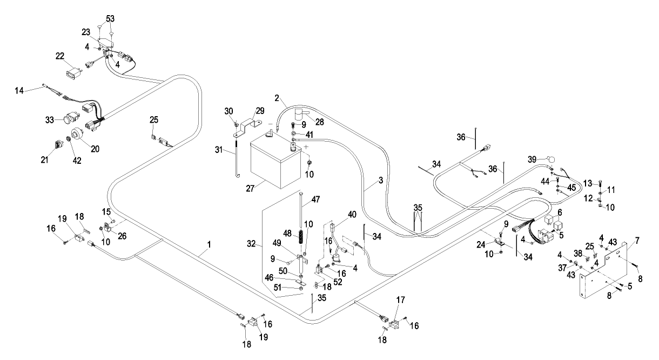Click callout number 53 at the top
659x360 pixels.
click(110, 18)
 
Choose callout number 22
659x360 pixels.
click(60, 55)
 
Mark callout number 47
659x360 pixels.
click(316, 200)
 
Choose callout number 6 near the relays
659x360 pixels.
click(560, 212)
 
